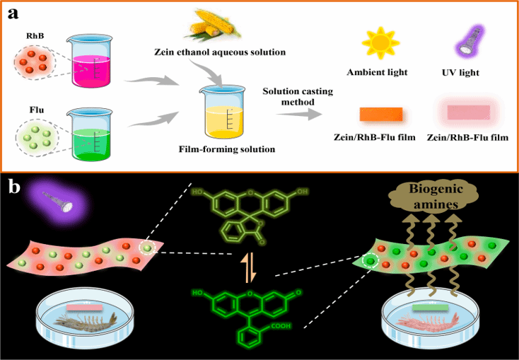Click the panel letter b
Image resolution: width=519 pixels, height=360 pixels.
click(x=14, y=187)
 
